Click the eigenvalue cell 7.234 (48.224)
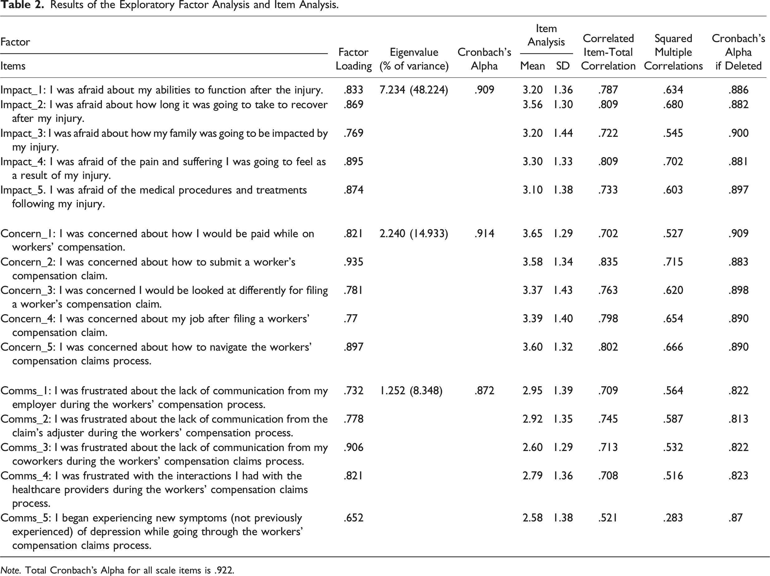pos(414,90)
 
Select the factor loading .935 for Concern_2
pos(353,262)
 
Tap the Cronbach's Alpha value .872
pos(484,391)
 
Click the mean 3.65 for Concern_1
pos(532,233)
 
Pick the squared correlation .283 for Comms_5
pos(673,518)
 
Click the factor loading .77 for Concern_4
pos(350,319)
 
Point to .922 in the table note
pos(223,570)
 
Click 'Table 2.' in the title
pos(23,5)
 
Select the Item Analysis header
pos(546,35)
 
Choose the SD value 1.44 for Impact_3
pos(563,133)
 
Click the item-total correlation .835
pos(608,262)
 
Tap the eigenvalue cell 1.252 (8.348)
pos(411,391)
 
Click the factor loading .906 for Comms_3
pos(353,448)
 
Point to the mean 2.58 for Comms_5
pos(532,518)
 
